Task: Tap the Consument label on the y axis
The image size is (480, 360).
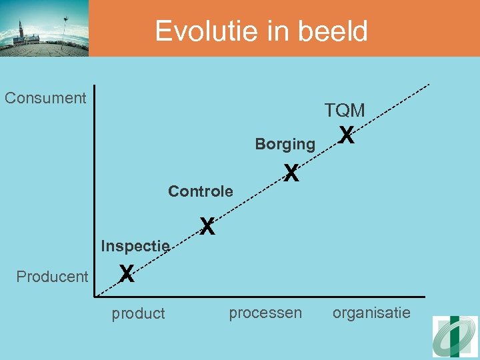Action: (45, 98)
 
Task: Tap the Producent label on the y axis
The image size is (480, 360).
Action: (52, 276)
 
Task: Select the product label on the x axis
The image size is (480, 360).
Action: (138, 313)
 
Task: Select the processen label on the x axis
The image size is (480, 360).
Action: (265, 313)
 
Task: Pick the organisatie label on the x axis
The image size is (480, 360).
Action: (372, 313)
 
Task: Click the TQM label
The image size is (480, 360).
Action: (345, 111)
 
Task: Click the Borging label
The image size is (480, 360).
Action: (285, 143)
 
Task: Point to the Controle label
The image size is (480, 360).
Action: (201, 192)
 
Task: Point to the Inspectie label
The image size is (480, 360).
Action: (135, 246)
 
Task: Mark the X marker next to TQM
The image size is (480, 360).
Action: (345, 135)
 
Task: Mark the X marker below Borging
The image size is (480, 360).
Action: (290, 173)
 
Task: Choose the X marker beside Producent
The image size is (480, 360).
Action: (127, 273)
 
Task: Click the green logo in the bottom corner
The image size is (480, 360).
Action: (455, 336)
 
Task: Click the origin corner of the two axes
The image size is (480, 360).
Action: (95, 296)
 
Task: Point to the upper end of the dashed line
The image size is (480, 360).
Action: (429, 84)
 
